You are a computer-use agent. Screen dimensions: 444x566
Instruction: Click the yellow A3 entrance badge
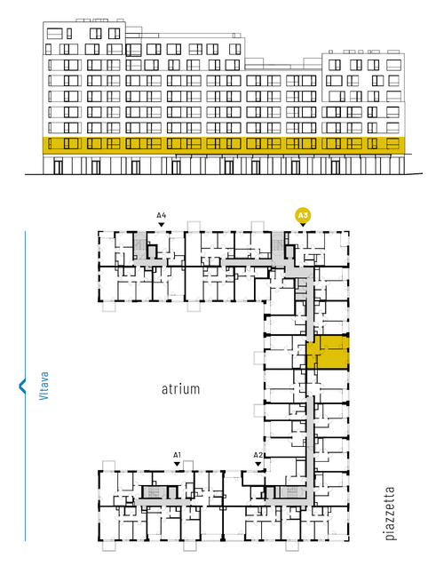[x=303, y=216]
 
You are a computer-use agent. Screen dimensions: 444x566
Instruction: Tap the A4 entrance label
[x=162, y=216]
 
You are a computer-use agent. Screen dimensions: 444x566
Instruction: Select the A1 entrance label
[x=177, y=455]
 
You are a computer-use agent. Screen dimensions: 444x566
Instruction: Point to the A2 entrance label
[x=258, y=455]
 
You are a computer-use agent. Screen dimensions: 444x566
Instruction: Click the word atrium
[x=180, y=389]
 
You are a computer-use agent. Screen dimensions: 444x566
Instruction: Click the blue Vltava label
[x=44, y=386]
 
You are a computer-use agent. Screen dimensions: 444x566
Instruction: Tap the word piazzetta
[x=390, y=514]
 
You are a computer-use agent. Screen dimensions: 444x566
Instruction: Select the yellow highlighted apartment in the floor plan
[x=328, y=352]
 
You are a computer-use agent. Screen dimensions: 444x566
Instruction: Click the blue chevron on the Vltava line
[x=22, y=386]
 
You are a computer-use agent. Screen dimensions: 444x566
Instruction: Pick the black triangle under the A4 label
[x=162, y=225]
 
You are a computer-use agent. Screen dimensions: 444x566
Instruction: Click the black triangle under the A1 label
[x=177, y=464]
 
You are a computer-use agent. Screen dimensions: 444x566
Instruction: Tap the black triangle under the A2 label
[x=258, y=464]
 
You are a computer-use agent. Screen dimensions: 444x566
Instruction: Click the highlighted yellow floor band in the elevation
[x=224, y=143]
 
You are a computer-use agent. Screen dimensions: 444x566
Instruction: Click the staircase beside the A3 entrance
[x=278, y=245]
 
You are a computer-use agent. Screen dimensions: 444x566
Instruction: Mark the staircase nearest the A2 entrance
[x=293, y=491]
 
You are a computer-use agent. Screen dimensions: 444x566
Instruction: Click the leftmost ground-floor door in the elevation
[x=58, y=167]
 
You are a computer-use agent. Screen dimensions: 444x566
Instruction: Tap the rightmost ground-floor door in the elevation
[x=336, y=167]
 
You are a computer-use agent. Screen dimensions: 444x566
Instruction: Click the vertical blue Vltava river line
[x=25, y=386]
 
